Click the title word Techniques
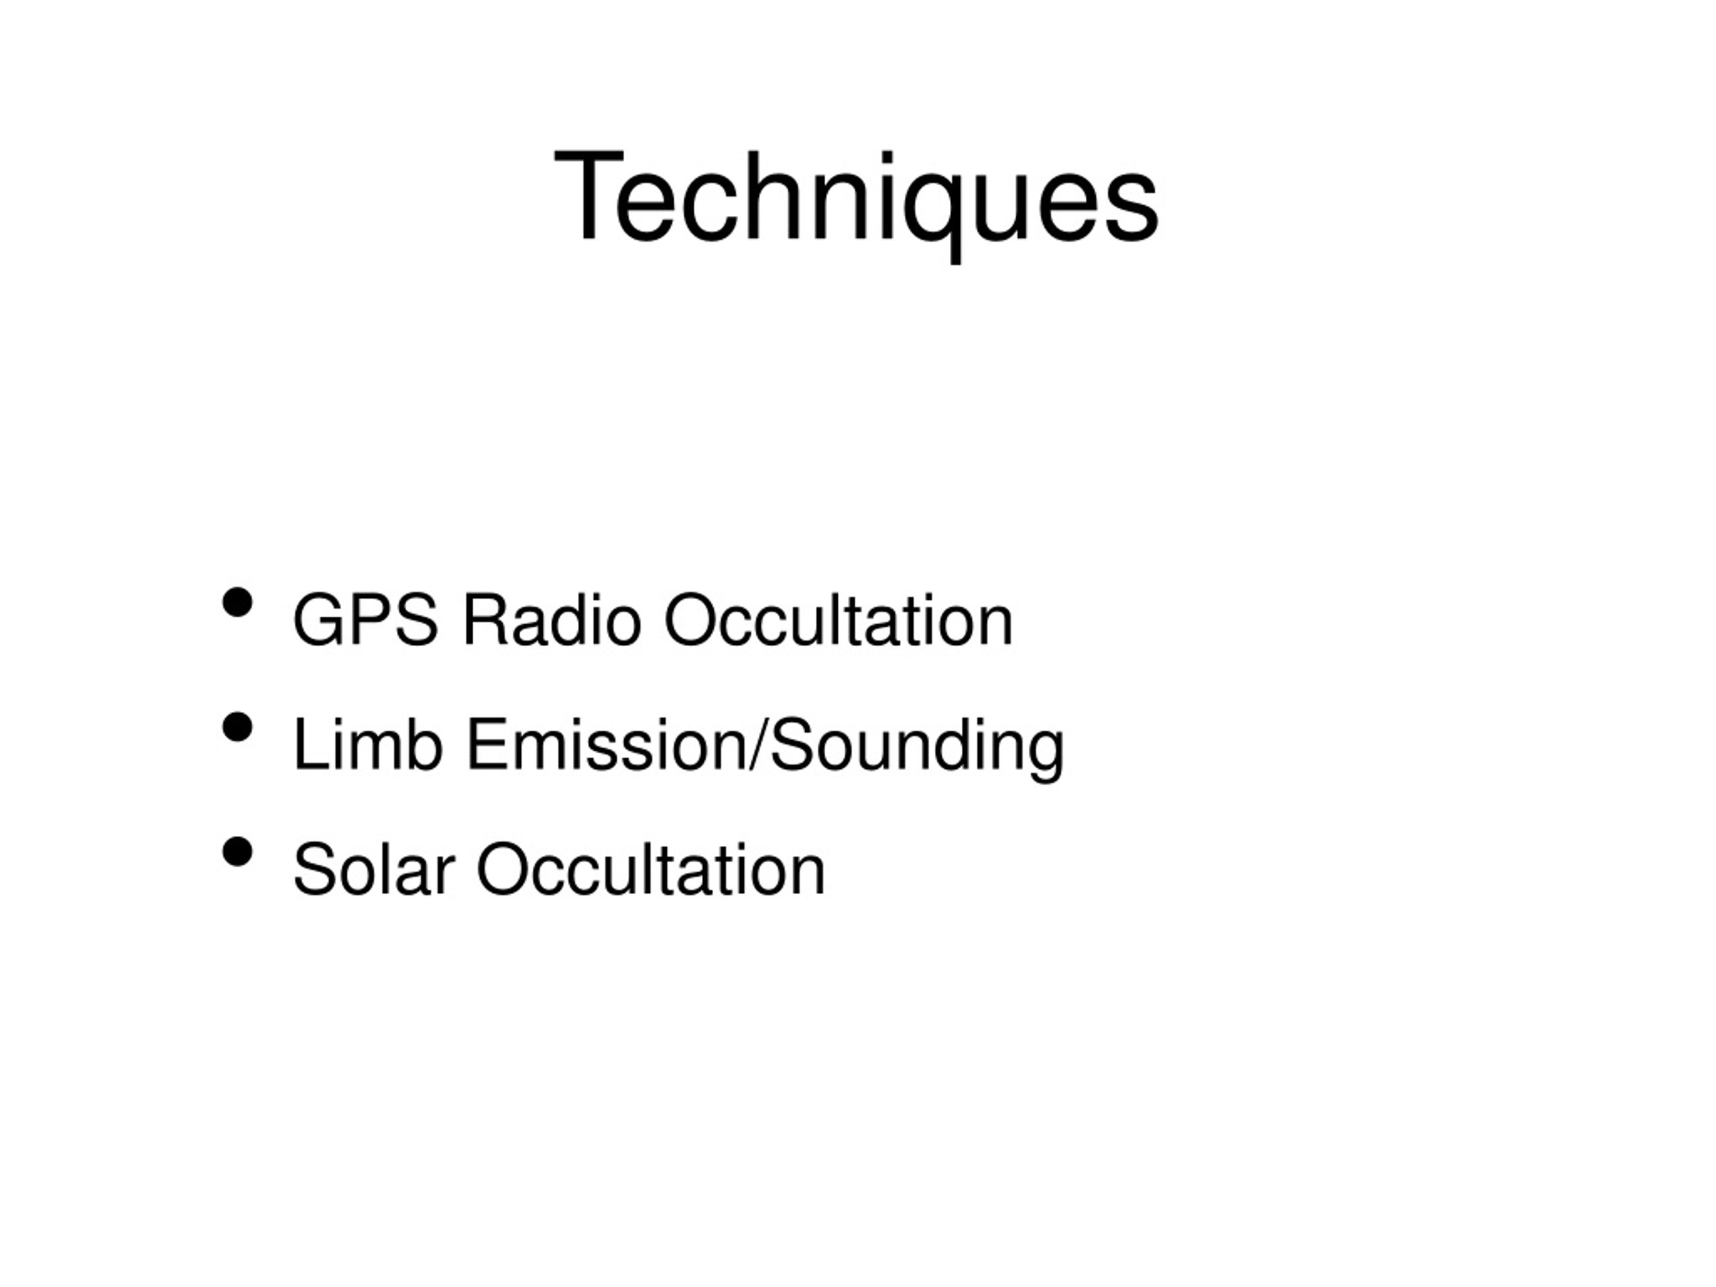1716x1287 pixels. point(857,198)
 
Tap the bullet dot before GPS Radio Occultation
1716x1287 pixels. point(237,603)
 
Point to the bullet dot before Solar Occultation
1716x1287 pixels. point(237,852)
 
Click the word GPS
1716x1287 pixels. point(365,620)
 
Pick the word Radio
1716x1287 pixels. point(552,620)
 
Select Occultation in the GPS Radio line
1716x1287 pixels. point(839,620)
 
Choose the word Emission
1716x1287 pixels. point(605,745)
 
